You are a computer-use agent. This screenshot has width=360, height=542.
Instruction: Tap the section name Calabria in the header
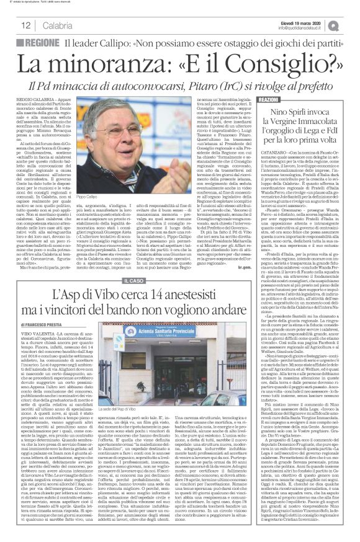(x=58, y=25)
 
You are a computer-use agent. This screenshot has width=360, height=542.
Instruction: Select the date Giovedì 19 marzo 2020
(x=305, y=22)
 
